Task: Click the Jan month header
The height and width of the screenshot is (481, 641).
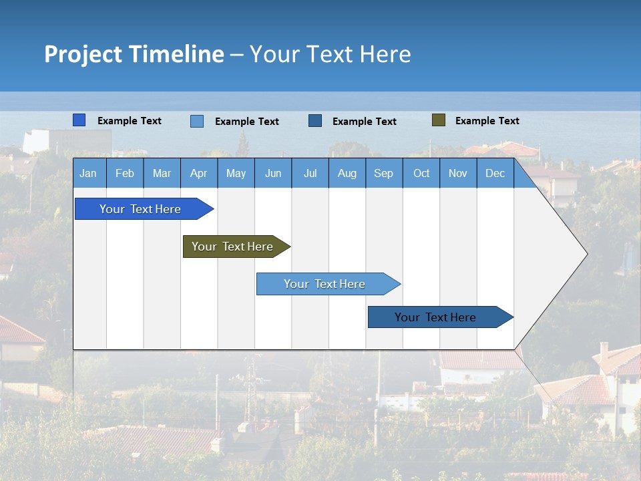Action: point(88,173)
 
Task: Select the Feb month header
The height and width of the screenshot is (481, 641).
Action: point(125,173)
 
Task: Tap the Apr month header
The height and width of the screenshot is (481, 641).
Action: point(198,173)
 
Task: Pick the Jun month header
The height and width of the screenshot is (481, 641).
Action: point(273,173)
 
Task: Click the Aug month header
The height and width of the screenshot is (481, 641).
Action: point(347,173)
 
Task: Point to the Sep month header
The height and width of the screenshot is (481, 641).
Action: point(384,173)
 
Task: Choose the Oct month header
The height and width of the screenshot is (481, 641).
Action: point(421,173)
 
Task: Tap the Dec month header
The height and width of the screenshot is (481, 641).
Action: point(495,173)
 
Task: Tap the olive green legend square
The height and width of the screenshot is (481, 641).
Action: point(439,120)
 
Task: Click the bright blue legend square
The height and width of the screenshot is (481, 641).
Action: point(79,120)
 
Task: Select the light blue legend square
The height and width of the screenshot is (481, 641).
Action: point(197,121)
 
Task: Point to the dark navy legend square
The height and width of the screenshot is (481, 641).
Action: point(315,120)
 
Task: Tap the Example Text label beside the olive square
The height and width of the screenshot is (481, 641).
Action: point(487,120)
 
